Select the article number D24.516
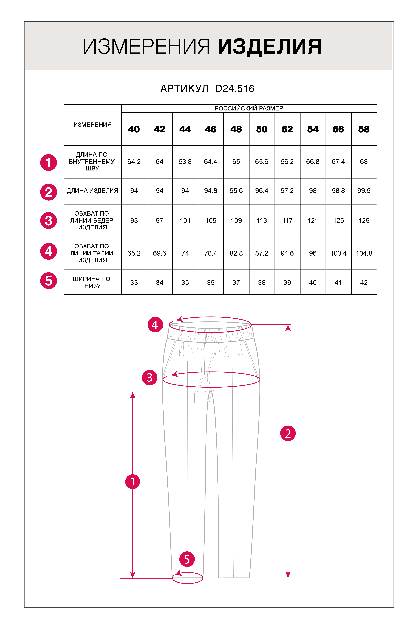pyautogui.click(x=235, y=89)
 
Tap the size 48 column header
pyautogui.click(x=236, y=129)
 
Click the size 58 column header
pyautogui.click(x=364, y=129)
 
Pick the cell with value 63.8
pyautogui.click(x=185, y=162)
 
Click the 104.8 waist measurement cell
pyautogui.click(x=364, y=253)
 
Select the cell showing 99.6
pyautogui.click(x=364, y=191)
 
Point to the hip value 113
pyautogui.click(x=262, y=221)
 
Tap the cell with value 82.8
pyautogui.click(x=236, y=253)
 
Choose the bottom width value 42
pyautogui.click(x=364, y=283)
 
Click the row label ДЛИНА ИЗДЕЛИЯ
pyautogui.click(x=92, y=191)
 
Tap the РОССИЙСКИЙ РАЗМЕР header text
pyautogui.click(x=249, y=109)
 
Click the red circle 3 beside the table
pyautogui.click(x=49, y=221)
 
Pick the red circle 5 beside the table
pyautogui.click(x=49, y=281)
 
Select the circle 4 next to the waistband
pyautogui.click(x=155, y=325)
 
